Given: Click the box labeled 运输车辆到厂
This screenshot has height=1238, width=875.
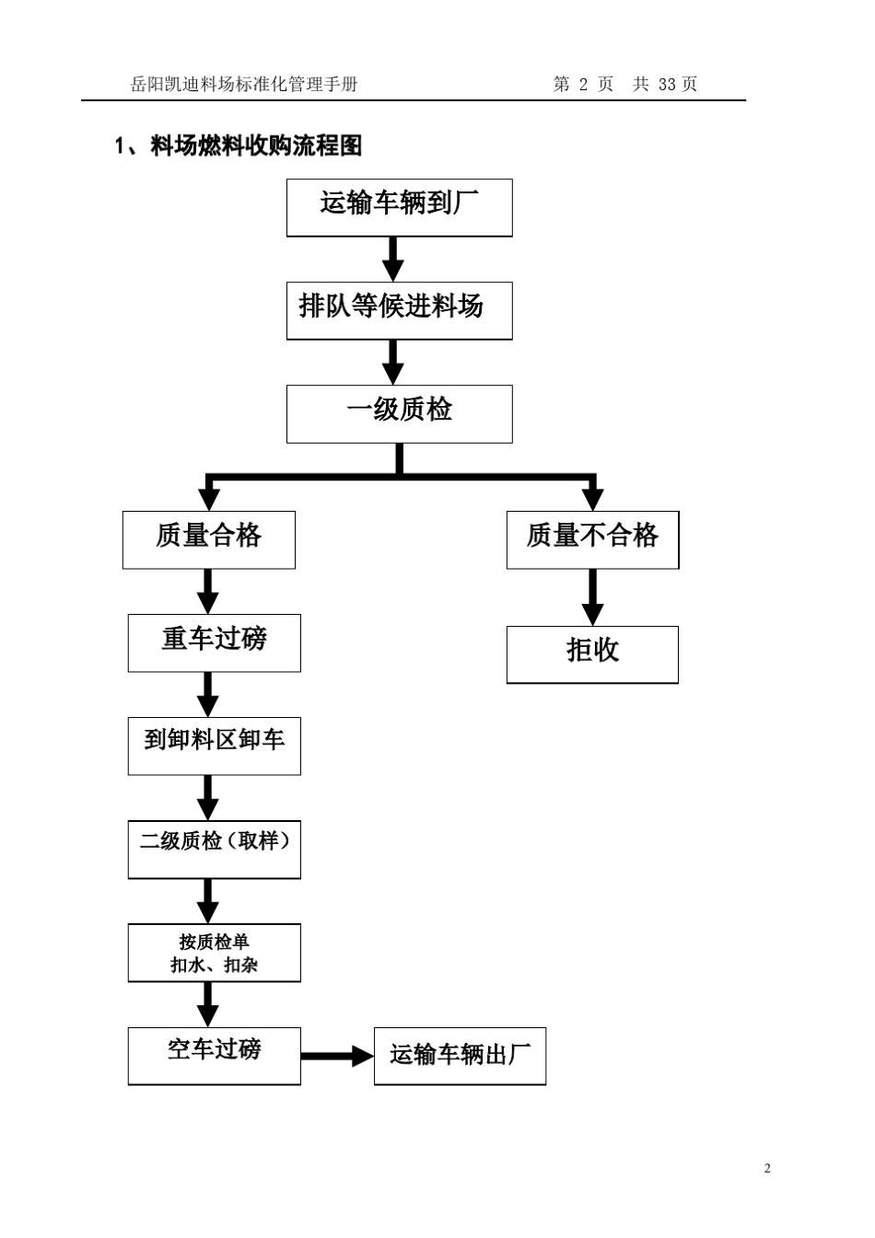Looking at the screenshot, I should click(399, 207).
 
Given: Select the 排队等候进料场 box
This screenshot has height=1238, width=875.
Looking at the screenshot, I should click(399, 310).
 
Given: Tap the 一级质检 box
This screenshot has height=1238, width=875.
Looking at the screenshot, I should click(399, 413).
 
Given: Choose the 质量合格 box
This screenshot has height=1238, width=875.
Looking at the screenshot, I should click(208, 539).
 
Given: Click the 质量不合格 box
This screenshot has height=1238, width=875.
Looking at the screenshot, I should click(592, 539).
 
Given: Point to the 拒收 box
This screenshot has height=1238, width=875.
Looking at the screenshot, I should click(592, 654).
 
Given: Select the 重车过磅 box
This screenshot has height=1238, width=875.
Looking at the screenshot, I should click(214, 642).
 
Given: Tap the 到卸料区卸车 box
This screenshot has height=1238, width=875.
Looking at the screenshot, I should click(214, 746).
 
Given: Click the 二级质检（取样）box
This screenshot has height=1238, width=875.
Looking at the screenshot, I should click(214, 849).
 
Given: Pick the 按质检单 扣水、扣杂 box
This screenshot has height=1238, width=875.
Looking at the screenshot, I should click(214, 953).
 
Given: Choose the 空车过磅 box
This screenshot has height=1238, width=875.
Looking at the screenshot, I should click(214, 1055).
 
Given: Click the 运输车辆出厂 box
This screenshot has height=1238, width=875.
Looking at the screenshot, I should click(460, 1056).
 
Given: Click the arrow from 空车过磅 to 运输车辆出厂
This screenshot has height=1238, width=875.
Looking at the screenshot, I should click(337, 1056).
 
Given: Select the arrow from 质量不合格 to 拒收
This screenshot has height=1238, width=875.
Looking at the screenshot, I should click(592, 596).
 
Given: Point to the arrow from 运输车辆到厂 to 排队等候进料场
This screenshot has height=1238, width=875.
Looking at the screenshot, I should click(393, 259).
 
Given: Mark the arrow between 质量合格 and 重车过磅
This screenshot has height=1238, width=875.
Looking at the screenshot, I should click(208, 591).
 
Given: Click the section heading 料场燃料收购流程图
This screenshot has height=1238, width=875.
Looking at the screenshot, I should click(255, 145).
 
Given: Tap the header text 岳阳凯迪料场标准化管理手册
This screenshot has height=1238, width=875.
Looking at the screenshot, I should click(244, 85).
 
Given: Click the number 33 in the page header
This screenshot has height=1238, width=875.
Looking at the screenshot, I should click(667, 85).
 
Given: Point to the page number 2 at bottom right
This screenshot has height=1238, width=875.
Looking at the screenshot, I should click(767, 1169).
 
